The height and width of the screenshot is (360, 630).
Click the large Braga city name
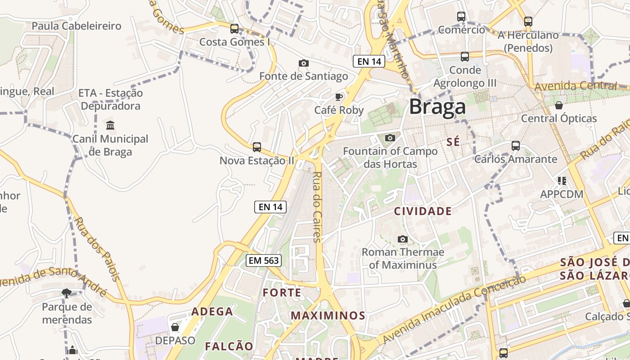pos(437,107)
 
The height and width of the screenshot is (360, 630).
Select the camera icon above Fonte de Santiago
pos(304,63)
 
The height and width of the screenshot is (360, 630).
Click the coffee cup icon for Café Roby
pos(339,97)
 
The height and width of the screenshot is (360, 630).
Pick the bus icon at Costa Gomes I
pos(234,29)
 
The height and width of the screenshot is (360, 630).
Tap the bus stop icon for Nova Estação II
pos(256,147)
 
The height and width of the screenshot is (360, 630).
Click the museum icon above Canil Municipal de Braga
pos(110,125)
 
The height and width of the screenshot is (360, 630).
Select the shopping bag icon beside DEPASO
pos(175,327)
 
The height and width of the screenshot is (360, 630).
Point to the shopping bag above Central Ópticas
pos(558,105)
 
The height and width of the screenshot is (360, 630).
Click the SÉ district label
pos(453,142)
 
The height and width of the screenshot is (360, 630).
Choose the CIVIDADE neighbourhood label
pos(423,211)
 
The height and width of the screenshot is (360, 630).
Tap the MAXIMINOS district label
pos(328,315)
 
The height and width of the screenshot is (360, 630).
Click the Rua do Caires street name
pos(317,207)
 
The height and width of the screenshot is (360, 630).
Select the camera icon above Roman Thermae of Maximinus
pos(403,239)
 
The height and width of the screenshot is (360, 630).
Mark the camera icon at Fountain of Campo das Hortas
pos(390,138)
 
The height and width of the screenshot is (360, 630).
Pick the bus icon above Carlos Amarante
pos(516,146)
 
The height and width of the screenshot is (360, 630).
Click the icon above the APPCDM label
pos(562,181)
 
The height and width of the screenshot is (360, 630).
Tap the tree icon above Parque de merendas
pos(67,293)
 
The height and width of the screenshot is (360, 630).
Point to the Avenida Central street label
pos(576,85)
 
